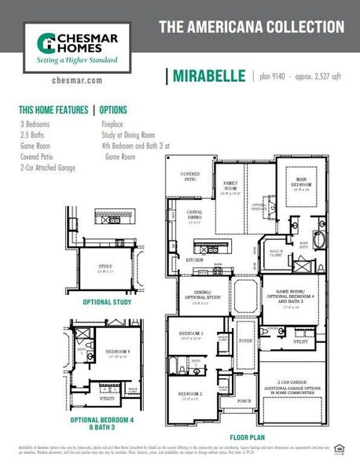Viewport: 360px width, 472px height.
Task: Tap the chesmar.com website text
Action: click(72, 80)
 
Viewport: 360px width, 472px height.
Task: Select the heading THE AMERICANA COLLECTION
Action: click(252, 27)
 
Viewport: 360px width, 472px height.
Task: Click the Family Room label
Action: click(230, 186)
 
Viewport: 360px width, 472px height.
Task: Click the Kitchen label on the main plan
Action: click(194, 259)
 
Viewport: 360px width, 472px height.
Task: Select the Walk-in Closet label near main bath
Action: click(277, 253)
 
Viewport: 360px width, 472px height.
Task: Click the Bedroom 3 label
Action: click(191, 336)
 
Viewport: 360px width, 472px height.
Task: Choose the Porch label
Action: click(244, 400)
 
